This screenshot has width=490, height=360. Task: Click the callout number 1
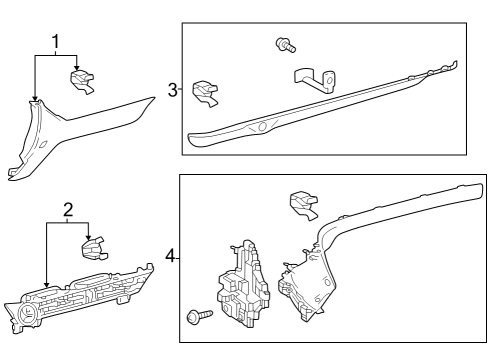coord(56,42)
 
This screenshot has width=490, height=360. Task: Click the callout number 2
coord(68,210)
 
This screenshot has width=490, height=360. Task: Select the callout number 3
coord(173,90)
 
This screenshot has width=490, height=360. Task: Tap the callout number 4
coord(170,256)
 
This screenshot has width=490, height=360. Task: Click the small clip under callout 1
coord(82,81)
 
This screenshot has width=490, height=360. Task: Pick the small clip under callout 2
coord(93,249)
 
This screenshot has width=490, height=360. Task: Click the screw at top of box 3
coord(286,45)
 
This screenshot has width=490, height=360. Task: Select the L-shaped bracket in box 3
coord(315,80)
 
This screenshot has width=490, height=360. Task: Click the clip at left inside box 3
coord(205,93)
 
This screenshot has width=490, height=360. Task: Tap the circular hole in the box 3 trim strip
coord(262,126)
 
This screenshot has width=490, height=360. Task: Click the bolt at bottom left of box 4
coord(200,315)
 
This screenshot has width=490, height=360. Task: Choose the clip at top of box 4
coord(304,205)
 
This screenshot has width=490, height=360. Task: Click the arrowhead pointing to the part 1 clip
coord(77,68)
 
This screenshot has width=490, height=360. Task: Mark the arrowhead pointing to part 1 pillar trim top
coord(35,98)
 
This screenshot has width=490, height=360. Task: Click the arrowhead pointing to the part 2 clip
coord(88,237)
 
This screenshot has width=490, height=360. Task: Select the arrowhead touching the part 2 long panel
coord(47,284)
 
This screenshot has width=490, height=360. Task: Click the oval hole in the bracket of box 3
coord(329,80)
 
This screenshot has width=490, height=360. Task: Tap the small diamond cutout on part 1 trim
coord(43,144)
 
